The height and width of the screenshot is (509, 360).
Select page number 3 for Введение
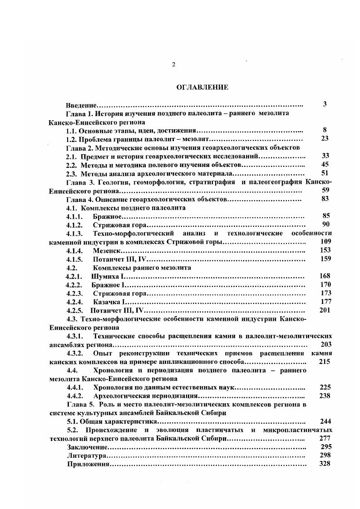[325, 104]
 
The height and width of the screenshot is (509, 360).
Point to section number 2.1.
[72, 156]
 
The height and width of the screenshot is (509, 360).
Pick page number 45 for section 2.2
[325, 165]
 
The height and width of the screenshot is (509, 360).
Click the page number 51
[325, 173]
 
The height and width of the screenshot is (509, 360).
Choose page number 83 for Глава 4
[325, 199]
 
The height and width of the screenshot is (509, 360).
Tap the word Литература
[86, 455]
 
